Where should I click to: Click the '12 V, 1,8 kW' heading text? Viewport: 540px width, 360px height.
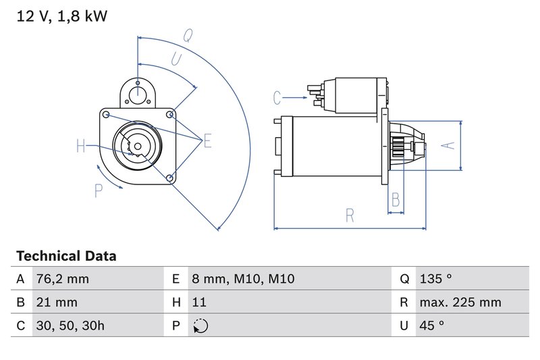(61, 17)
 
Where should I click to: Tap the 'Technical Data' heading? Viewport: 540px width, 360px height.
(66, 256)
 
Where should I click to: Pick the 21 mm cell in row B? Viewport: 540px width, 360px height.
(57, 303)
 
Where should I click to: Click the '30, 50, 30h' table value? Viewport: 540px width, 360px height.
(71, 326)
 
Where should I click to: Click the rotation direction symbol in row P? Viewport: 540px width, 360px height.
(200, 326)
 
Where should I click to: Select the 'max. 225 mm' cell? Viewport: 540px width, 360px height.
(459, 303)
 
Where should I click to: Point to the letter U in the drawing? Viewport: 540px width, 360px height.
(175, 60)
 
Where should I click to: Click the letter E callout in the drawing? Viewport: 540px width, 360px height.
(207, 141)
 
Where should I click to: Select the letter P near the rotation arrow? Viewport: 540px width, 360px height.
(99, 191)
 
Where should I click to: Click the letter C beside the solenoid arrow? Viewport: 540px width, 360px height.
(277, 98)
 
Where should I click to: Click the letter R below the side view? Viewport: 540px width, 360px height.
(350, 215)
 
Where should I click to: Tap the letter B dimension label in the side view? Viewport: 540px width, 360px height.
(396, 199)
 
